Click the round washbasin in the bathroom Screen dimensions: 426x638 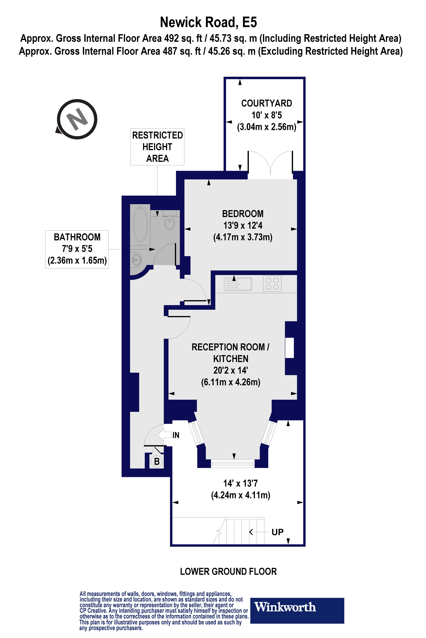point(136,260)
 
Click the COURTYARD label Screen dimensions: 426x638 point(267,103)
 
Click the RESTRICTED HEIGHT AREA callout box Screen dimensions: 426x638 point(157,147)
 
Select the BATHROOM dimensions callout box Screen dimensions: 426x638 point(77,249)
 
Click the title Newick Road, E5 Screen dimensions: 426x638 point(208,23)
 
